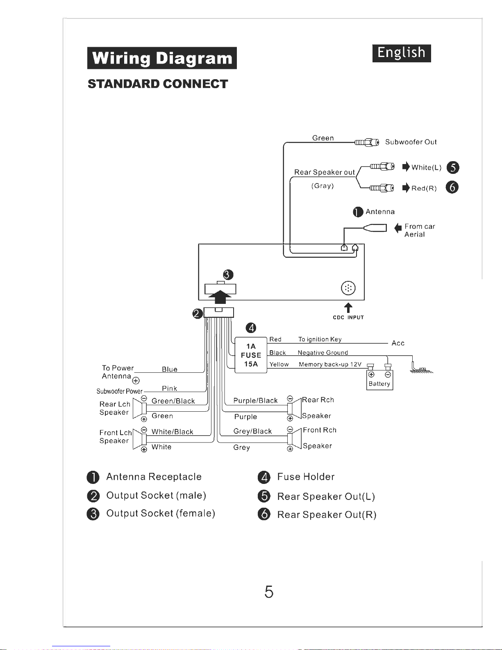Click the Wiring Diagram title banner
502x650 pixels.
click(162, 58)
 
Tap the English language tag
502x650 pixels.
click(401, 53)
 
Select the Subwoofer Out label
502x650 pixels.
click(411, 142)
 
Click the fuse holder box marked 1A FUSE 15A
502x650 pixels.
click(251, 355)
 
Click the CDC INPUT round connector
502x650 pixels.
click(348, 288)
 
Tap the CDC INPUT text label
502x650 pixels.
click(348, 317)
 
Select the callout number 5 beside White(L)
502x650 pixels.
click(453, 167)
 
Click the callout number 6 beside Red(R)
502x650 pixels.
click(452, 187)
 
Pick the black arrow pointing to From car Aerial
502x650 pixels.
click(398, 228)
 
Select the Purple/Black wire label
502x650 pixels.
click(255, 401)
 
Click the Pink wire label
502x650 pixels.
click(169, 388)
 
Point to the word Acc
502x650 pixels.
click(398, 343)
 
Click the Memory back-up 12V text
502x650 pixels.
click(330, 365)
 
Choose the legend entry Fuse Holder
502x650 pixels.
click(306, 477)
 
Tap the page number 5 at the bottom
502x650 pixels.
click(269, 592)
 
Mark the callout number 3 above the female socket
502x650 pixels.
click(228, 275)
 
